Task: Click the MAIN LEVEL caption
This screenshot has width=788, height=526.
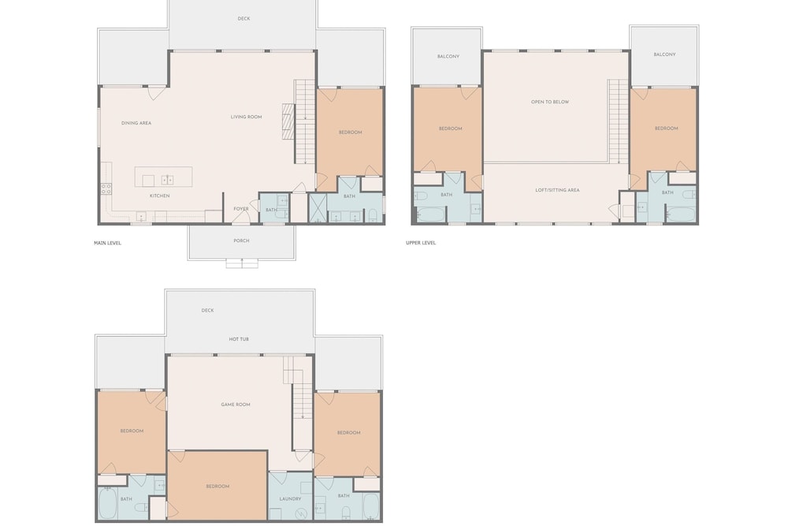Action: pyautogui.click(x=107, y=243)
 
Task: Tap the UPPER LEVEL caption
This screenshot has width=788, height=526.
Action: pyautogui.click(x=421, y=243)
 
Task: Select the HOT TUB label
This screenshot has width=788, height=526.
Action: pyautogui.click(x=239, y=339)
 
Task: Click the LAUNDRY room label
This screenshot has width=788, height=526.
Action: pyautogui.click(x=290, y=499)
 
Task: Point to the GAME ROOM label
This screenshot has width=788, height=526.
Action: pyautogui.click(x=235, y=405)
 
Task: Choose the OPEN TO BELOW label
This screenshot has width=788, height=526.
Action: pyautogui.click(x=550, y=102)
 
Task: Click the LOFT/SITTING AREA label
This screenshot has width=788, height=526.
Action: pyautogui.click(x=557, y=190)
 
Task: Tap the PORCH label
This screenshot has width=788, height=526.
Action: pyautogui.click(x=241, y=241)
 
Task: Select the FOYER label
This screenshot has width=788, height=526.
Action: pyautogui.click(x=240, y=209)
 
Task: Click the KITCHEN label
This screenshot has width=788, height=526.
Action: pyautogui.click(x=159, y=196)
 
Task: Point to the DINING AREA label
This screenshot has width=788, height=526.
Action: pyautogui.click(x=136, y=123)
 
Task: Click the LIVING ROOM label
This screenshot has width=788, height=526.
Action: pyautogui.click(x=246, y=118)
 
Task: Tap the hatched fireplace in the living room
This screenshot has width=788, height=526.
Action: pyautogui.click(x=288, y=121)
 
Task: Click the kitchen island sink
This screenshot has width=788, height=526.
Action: pyautogui.click(x=167, y=180)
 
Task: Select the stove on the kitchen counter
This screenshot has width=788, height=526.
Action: pyautogui.click(x=106, y=188)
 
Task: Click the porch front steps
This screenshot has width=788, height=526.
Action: pyautogui.click(x=242, y=263)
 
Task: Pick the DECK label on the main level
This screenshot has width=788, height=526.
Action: pyautogui.click(x=243, y=19)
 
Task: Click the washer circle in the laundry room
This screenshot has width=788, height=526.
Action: pyautogui.click(x=300, y=514)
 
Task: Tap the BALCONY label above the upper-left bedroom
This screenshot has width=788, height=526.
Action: pyautogui.click(x=448, y=56)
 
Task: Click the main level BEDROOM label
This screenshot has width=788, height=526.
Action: pyautogui.click(x=351, y=132)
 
